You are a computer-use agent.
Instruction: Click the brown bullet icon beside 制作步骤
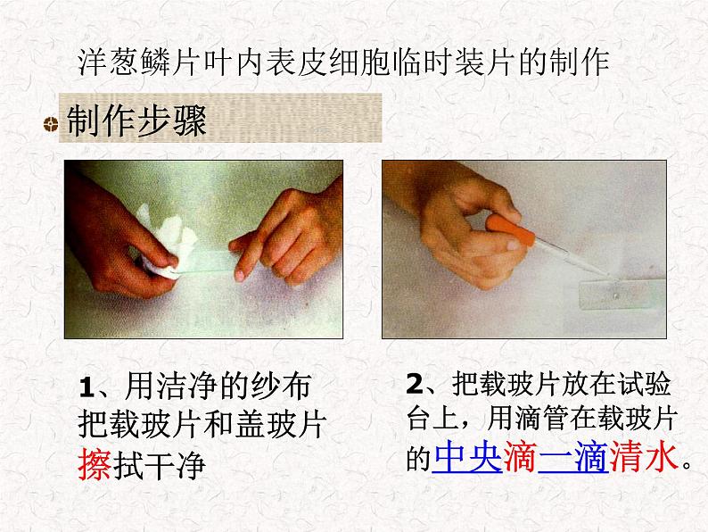point(51,123)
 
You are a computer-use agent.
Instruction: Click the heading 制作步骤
point(136,121)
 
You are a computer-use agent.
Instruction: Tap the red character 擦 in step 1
point(95,466)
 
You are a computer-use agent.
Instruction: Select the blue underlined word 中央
point(467,458)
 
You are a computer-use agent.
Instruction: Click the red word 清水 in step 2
point(644,457)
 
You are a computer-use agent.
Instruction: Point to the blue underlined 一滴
point(573,457)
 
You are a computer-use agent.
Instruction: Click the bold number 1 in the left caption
point(86,387)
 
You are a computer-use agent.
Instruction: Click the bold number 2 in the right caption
point(414,384)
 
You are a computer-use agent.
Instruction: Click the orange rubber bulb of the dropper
point(510,229)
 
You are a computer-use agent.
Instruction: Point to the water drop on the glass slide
point(615,296)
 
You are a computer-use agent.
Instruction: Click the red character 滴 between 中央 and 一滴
point(520,457)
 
